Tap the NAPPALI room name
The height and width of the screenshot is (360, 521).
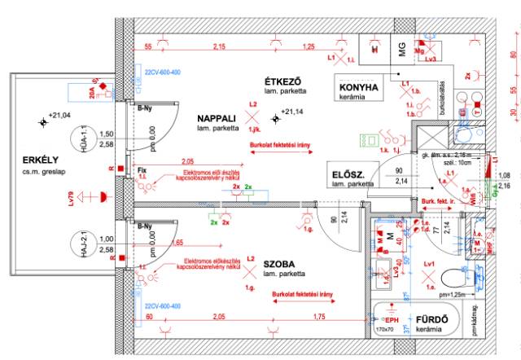pos(217,118)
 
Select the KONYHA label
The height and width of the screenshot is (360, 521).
pos(359,87)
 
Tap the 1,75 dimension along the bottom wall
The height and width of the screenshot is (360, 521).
pos(322,317)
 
